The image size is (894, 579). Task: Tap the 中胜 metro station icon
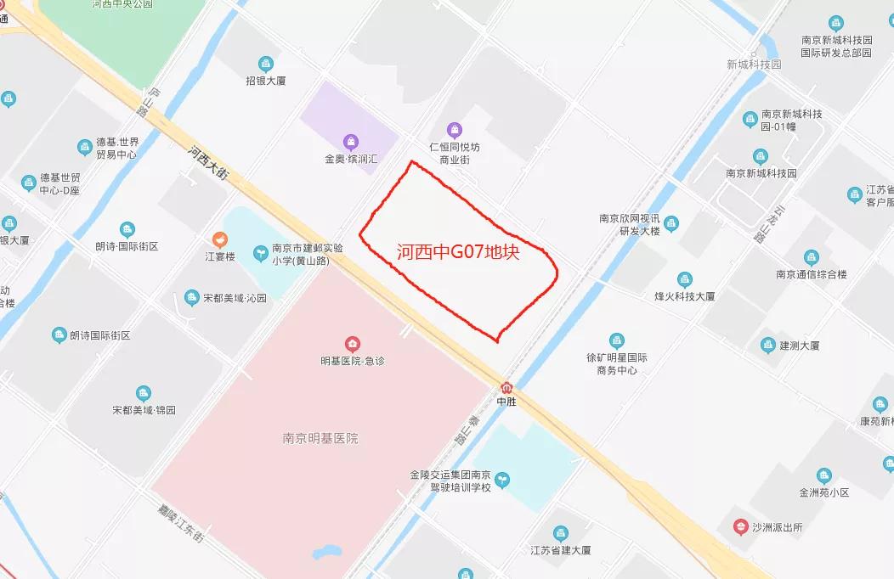point(507,387)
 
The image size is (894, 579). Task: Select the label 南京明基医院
point(320,439)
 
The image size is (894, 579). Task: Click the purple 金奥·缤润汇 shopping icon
point(351,141)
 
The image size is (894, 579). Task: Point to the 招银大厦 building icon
point(266,64)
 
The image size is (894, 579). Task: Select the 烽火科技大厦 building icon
point(684,279)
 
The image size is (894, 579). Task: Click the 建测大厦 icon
point(768,345)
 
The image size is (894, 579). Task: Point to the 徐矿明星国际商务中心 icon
point(617,340)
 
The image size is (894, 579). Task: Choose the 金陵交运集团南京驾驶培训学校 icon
point(502,481)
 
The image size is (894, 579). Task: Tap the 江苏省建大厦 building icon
point(560,533)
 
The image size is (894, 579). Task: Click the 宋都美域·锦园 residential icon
point(144,393)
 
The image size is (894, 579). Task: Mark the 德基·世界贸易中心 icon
point(85,148)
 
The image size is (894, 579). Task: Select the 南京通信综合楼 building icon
point(812,257)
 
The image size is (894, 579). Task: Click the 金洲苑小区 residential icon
point(823,475)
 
